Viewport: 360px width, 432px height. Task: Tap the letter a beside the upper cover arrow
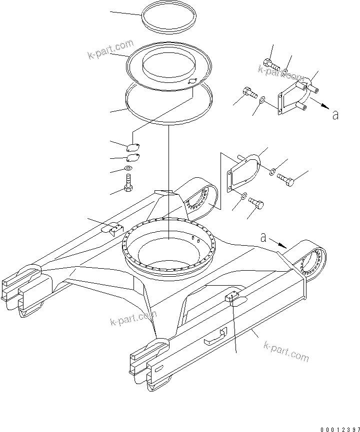tap(335, 115)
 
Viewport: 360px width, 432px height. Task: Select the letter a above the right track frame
tap(263, 238)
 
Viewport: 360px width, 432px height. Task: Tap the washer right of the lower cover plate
tap(271, 172)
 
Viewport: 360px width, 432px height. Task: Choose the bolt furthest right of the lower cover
tap(285, 178)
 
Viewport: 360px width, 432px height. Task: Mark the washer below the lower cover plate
tap(243, 195)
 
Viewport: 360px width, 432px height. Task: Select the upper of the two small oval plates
tap(132, 147)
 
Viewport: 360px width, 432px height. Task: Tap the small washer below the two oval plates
tap(129, 168)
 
